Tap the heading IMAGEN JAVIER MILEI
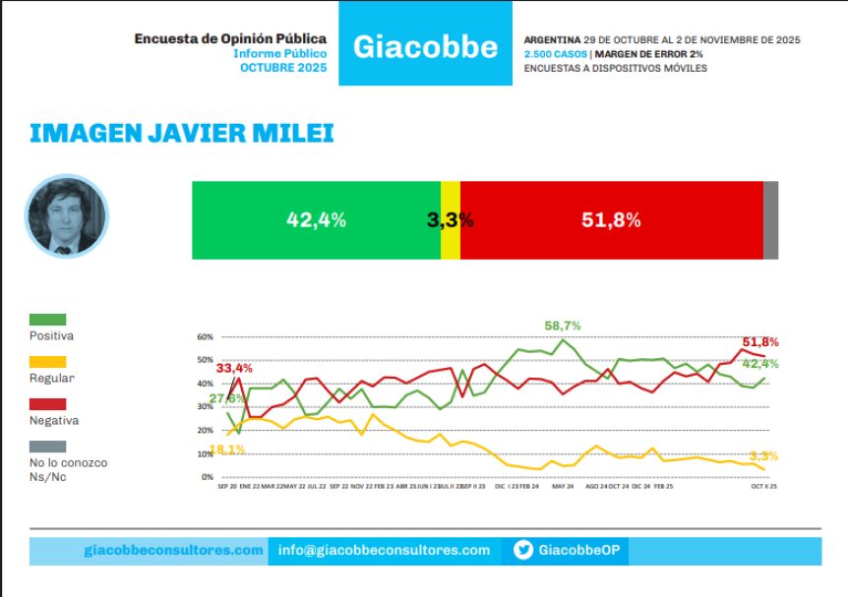coord(182,133)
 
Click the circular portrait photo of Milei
coord(66,217)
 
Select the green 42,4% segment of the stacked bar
coord(316,220)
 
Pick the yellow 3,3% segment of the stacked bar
coord(451,220)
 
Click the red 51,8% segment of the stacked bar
coord(611,220)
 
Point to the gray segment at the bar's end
coord(770,220)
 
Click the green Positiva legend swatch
coord(48,319)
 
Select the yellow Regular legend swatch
coord(48,361)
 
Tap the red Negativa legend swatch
coord(48,403)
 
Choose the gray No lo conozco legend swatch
coord(48,446)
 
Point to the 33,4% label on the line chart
coord(234,369)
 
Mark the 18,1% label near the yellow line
coord(227,449)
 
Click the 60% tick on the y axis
coord(205,336)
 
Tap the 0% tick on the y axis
coord(207,477)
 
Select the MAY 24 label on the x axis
coord(562,487)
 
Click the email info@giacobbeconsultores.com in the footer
coord(384,551)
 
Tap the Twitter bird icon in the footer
coord(523,551)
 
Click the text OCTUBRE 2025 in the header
coord(283,68)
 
